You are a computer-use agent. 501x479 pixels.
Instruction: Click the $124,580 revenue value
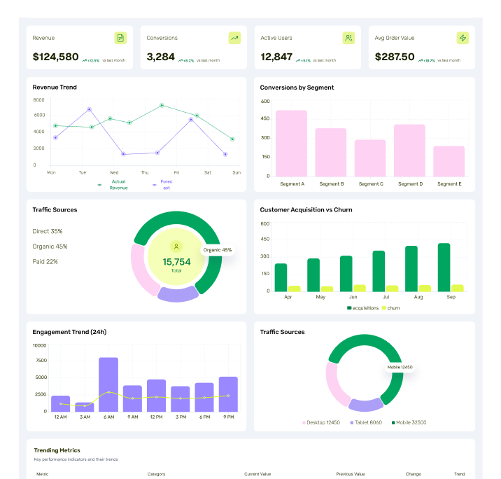pos(56,57)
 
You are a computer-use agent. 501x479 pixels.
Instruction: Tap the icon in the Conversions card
pos(234,38)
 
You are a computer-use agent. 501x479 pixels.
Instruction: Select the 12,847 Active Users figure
pos(276,57)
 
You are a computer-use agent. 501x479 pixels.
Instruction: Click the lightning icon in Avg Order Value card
pos(463,38)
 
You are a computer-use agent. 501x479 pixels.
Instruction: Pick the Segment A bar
pos(291,143)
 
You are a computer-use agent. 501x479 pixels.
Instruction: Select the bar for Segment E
pos(449,161)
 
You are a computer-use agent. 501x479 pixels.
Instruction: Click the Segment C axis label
pos(370,184)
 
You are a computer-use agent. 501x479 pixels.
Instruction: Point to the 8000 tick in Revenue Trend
pos(39,100)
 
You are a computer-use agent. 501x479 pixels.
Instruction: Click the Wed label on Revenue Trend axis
pos(114,172)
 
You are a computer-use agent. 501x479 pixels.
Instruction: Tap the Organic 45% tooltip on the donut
pos(217,249)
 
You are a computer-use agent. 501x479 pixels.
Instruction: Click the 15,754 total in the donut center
pos(176,262)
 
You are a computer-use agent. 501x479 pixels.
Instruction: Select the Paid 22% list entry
pos(45,261)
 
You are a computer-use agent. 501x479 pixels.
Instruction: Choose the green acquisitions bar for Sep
pos(444,267)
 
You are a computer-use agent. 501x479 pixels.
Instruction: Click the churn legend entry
pos(390,308)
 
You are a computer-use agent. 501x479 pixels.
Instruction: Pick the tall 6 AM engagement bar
pos(108,384)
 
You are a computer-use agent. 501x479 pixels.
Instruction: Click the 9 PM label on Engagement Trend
pos(228,417)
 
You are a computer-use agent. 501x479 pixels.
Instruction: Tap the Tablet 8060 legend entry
pos(367,422)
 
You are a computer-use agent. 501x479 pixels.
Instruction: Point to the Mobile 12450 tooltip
pos(400,367)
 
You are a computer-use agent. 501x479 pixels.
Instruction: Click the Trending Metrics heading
pos(57,450)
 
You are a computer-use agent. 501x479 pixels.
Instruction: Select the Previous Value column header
pos(350,474)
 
